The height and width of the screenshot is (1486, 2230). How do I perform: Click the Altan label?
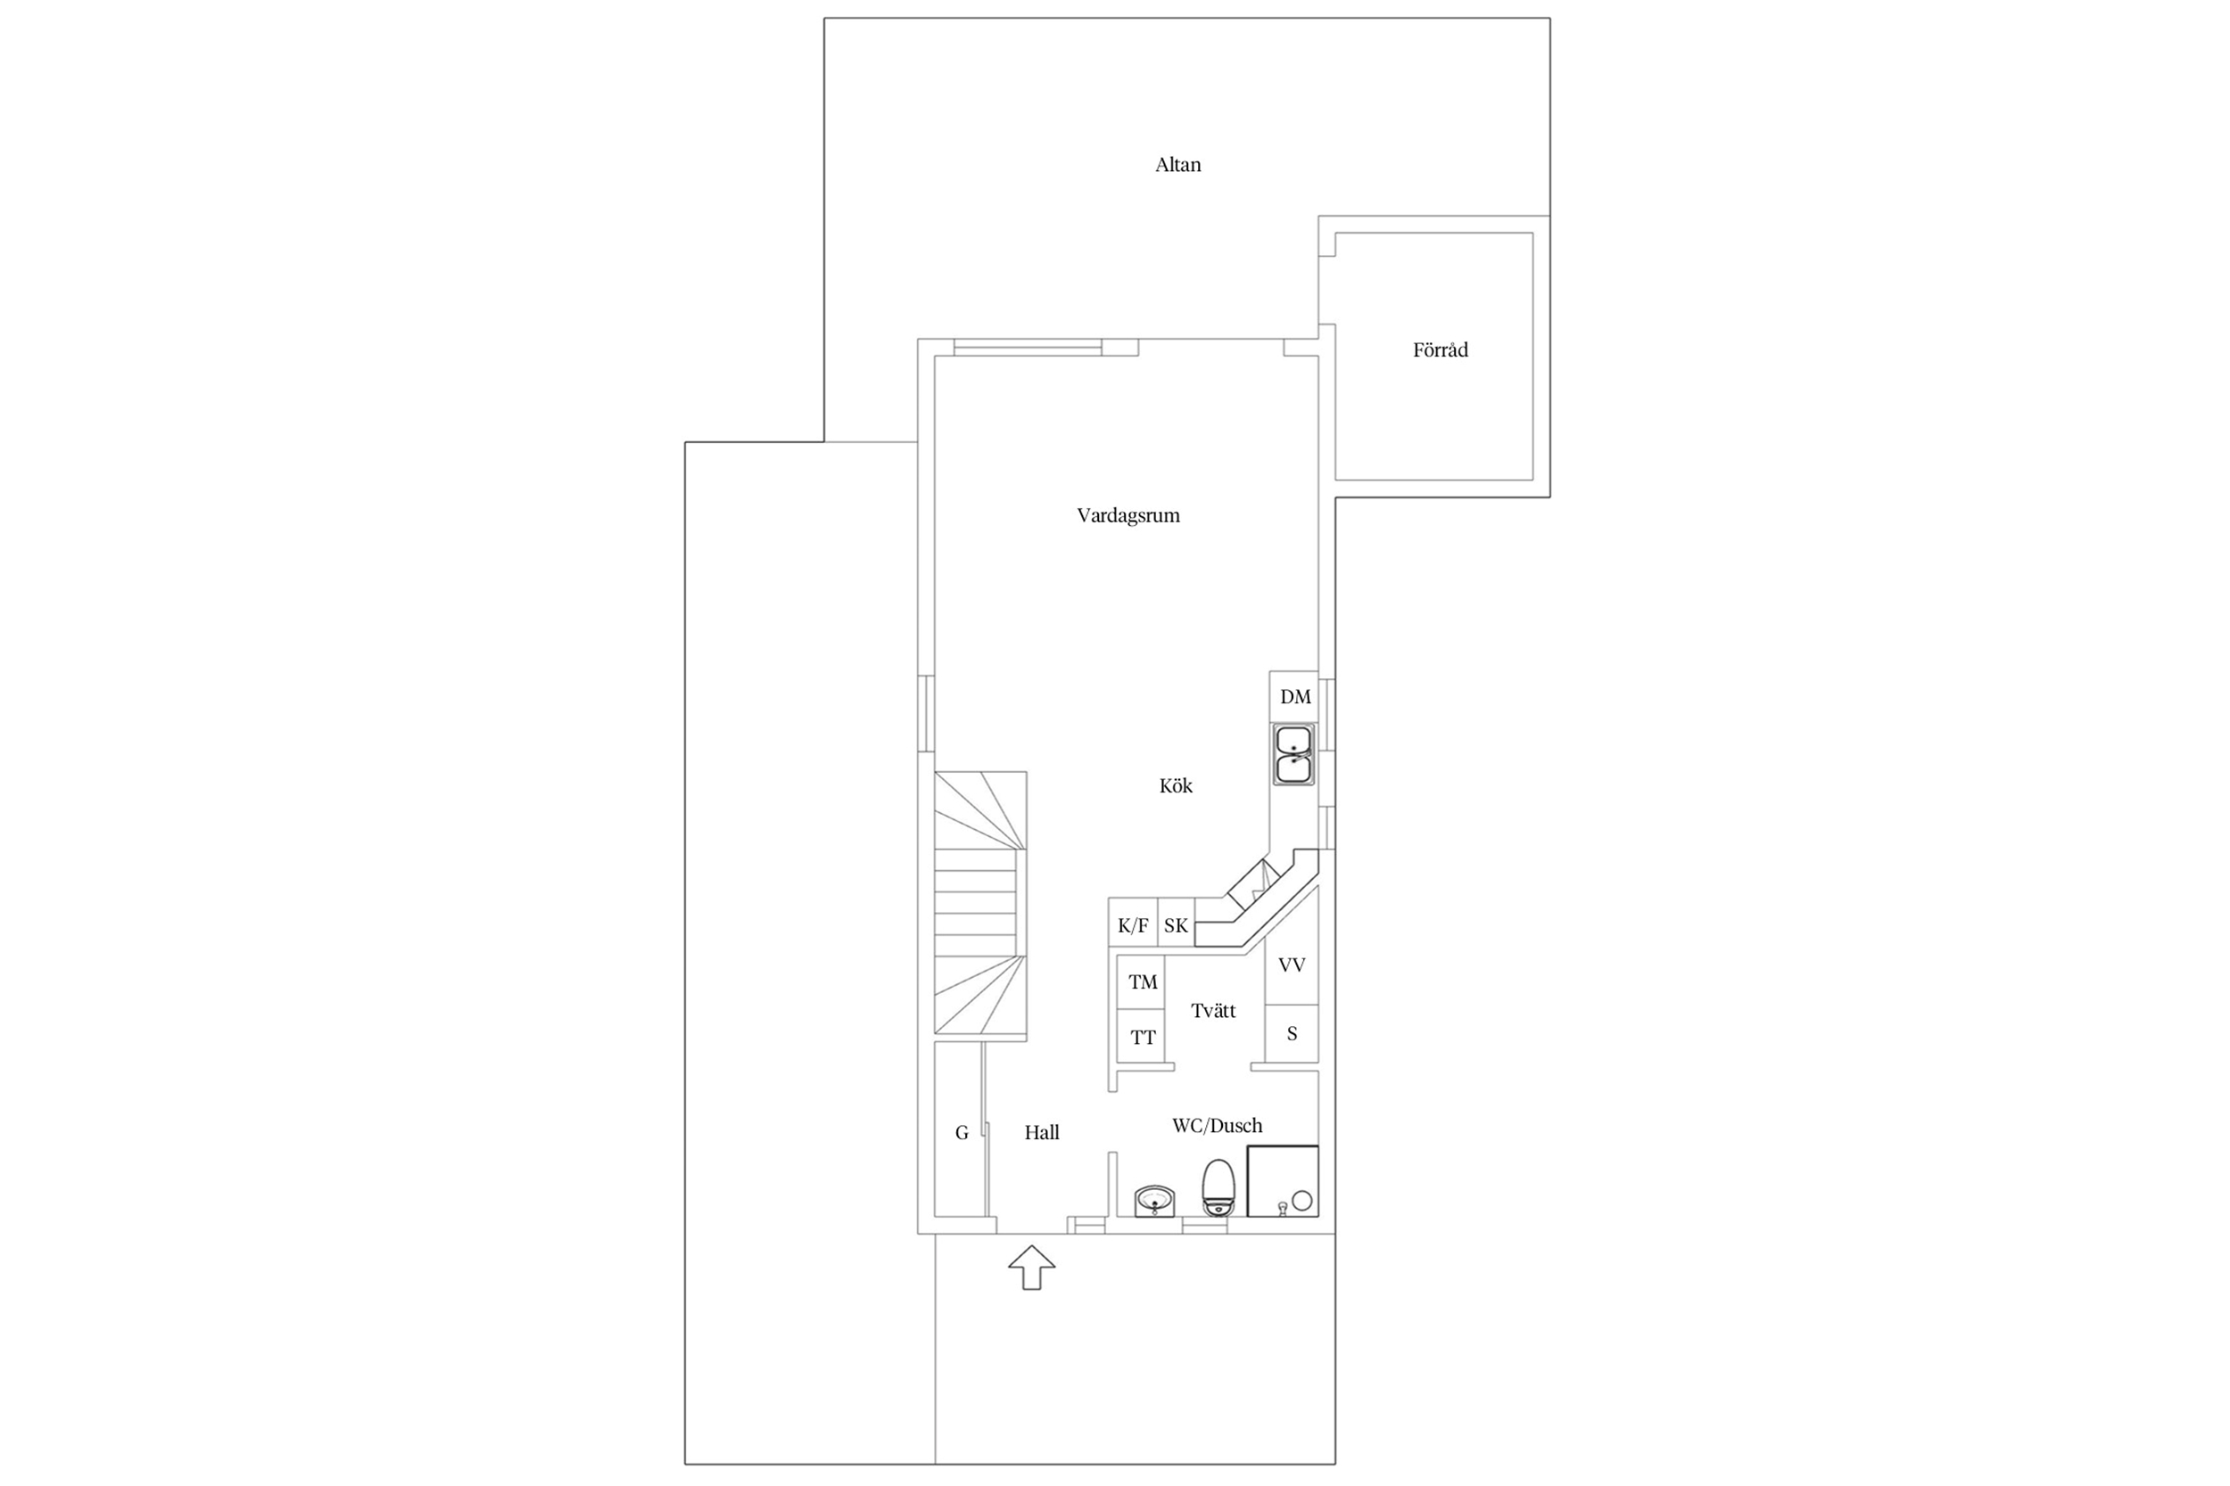tap(1177, 165)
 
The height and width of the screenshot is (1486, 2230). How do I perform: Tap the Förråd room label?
tap(1441, 349)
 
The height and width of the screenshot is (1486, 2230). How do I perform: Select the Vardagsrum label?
tap(1128, 516)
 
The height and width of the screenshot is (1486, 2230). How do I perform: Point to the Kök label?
tap(1176, 785)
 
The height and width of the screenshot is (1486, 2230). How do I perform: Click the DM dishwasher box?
tap(1294, 696)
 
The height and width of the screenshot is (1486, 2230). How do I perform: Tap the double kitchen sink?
tap(1294, 754)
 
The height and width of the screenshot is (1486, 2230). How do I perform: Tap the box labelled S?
tap(1293, 1034)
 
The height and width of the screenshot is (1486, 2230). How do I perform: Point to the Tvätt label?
tap(1214, 1011)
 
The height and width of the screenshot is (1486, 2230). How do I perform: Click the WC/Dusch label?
tap(1218, 1126)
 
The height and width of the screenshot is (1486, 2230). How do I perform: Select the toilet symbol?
tap(1218, 1187)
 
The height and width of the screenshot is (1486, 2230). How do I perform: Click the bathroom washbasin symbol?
tap(1155, 1201)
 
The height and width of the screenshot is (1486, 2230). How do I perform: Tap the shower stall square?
tap(1283, 1181)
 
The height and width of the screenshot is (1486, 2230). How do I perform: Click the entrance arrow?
tap(1031, 1268)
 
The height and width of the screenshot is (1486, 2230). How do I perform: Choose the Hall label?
tap(1042, 1132)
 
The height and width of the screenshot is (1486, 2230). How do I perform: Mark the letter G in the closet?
tap(962, 1132)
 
